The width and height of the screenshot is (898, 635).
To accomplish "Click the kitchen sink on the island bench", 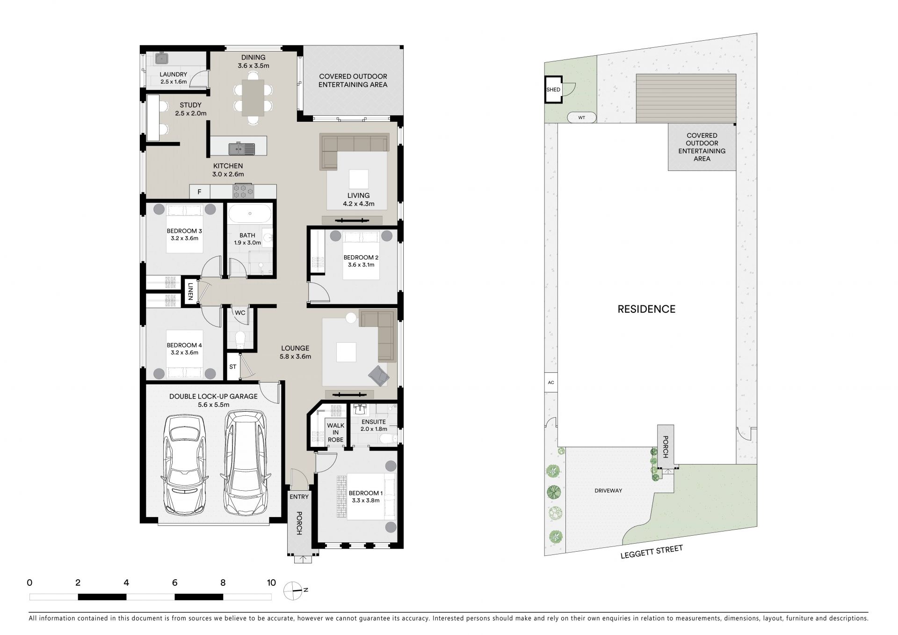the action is (x=242, y=149).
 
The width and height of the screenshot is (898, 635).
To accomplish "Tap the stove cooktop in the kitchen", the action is (x=243, y=191).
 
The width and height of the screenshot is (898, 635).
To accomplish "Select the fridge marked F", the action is (x=200, y=192).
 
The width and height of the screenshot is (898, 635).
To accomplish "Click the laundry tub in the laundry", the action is (x=162, y=59).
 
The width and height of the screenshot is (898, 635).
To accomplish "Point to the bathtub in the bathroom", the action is (x=250, y=214).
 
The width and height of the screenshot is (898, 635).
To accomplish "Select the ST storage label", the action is (x=233, y=367).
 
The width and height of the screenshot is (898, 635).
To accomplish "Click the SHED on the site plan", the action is (x=553, y=89).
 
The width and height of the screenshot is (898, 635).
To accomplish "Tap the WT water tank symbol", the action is (x=581, y=118).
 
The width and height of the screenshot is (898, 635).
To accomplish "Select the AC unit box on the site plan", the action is (x=551, y=383).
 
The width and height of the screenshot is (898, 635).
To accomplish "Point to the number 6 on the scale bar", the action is (x=175, y=583).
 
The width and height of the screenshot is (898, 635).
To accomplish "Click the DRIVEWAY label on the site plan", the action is (x=608, y=491).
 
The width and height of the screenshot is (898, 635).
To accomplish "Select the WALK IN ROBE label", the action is (x=335, y=433).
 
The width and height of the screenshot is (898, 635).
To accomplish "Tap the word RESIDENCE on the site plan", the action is (x=646, y=309).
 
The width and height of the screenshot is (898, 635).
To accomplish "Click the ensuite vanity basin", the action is (x=359, y=410).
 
